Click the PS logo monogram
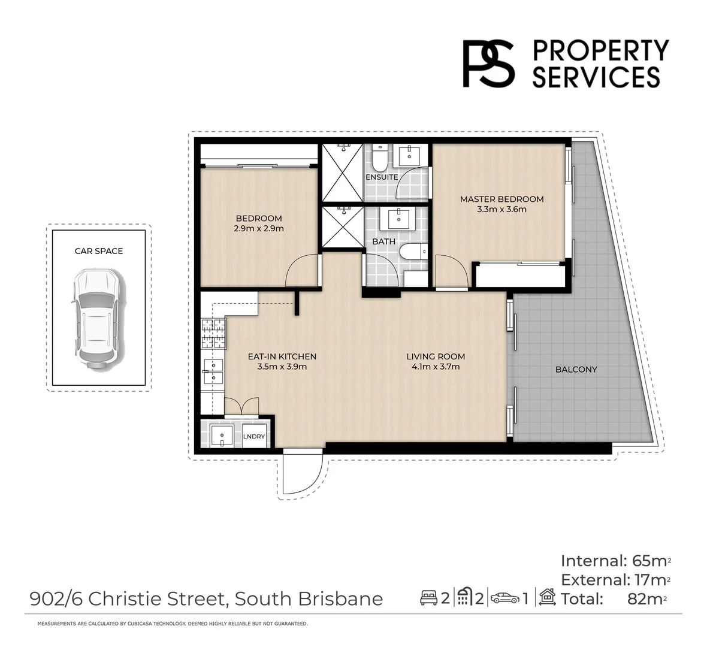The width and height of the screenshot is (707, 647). [x=488, y=64]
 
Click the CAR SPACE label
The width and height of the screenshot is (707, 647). [x=99, y=251]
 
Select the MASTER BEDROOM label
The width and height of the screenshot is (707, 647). [x=501, y=199]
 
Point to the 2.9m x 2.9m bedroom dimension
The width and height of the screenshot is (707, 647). [x=259, y=228]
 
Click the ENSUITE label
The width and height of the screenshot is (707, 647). [x=382, y=177]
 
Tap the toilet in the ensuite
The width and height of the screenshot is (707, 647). [x=379, y=159]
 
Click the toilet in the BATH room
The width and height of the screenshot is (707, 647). [x=412, y=252]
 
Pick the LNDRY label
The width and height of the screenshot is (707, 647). [x=254, y=437]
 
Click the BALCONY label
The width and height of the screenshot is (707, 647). [x=576, y=370]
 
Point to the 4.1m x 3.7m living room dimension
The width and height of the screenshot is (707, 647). [x=435, y=367]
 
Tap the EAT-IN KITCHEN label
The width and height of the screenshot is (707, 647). [x=282, y=356]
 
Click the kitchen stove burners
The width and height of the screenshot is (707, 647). [x=214, y=334]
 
